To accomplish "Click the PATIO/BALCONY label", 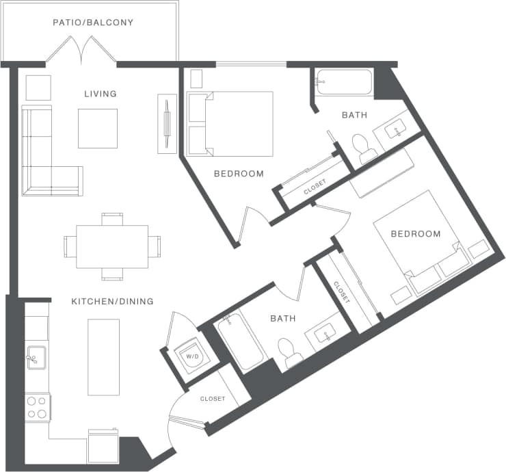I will [x=93, y=23].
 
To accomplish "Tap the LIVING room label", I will [x=101, y=94].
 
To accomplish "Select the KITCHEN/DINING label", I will [x=112, y=301].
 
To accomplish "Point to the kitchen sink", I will [x=36, y=357].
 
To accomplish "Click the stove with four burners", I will [x=38, y=407].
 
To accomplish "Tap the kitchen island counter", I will [x=103, y=356].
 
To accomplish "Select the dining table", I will [x=112, y=246].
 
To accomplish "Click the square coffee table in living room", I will [x=98, y=128].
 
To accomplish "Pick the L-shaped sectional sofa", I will [x=41, y=164].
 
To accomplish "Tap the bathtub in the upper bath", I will [x=344, y=83].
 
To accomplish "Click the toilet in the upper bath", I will [x=361, y=146].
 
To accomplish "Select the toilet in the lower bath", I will [x=289, y=351].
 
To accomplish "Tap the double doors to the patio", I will [x=81, y=50].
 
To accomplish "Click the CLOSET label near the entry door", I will [x=212, y=399].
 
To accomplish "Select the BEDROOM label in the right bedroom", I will [x=415, y=234].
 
